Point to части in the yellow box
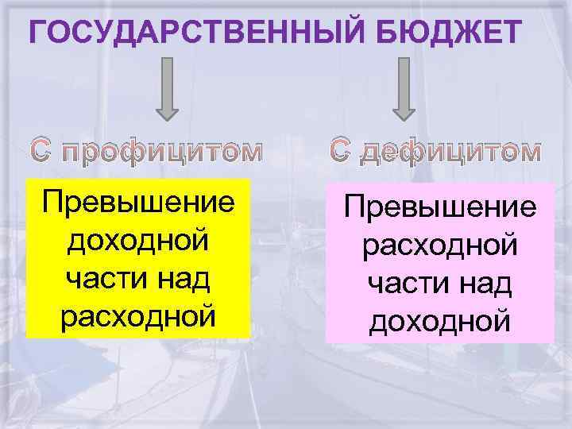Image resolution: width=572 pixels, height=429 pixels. point(103,278)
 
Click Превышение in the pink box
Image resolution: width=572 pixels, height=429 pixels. point(440,208)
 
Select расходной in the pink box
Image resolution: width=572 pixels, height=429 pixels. point(440,245)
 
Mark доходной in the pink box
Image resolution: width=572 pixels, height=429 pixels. point(440,321)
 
